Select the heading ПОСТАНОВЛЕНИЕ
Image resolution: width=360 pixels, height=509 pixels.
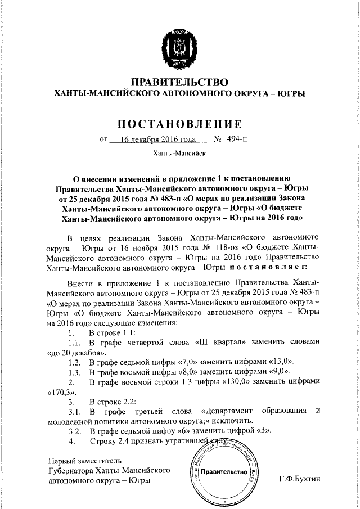coord(179,123)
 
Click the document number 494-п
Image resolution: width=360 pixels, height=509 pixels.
coord(240,139)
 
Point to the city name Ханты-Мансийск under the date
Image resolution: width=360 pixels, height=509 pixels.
coord(179,152)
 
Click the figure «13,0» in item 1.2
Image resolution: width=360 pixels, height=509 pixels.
coord(277,362)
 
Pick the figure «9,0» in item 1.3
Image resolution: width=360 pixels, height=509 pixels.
coord(276,372)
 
